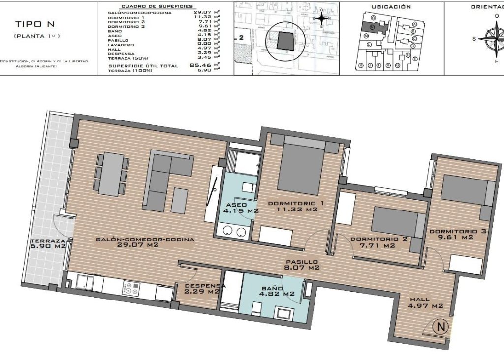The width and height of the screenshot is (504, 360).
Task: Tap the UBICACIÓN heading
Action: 391,7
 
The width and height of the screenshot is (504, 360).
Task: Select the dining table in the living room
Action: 113,174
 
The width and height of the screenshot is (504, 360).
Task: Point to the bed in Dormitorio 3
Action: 467,190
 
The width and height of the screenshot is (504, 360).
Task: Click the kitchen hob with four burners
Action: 130,288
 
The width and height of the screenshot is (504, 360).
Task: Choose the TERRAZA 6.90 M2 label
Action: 48,243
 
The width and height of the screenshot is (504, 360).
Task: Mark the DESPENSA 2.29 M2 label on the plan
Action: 201,288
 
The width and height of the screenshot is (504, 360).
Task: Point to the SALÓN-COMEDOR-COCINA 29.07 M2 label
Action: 145,242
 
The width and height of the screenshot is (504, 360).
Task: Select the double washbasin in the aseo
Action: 234,231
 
